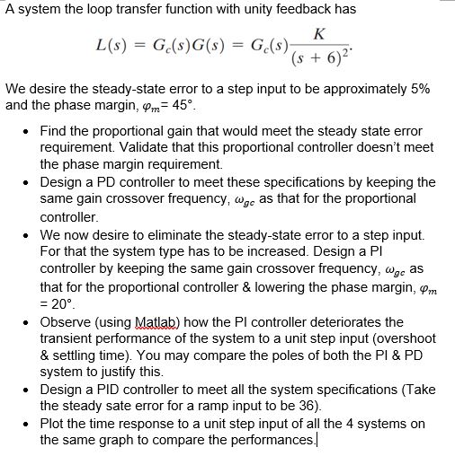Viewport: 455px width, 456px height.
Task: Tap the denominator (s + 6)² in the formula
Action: click(321, 56)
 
